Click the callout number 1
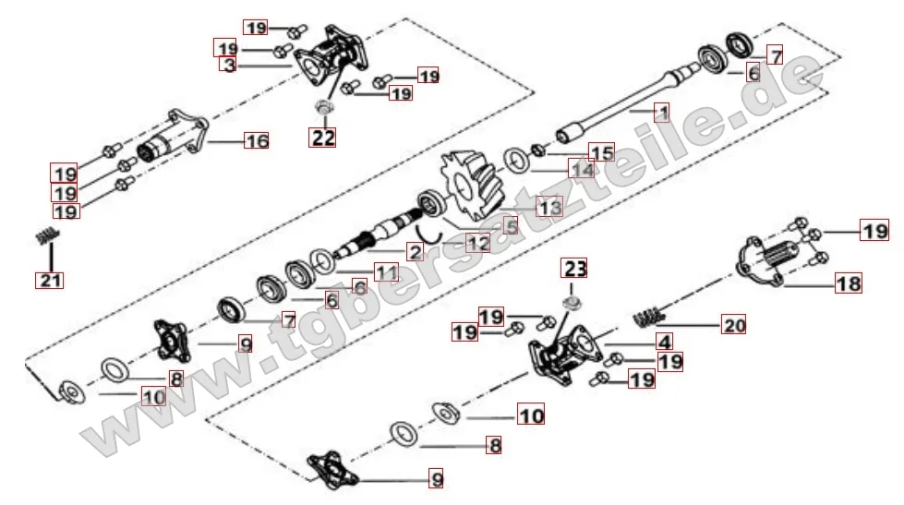coord(660,114)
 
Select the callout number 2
coord(415,252)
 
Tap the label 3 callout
coord(229,65)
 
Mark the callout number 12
coord(477,244)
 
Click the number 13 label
coord(549,209)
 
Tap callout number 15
coord(601,152)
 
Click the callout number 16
coord(256,141)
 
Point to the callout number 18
coord(849,283)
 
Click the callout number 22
coord(323,138)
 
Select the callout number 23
coord(574,270)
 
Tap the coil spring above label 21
coord(42,236)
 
